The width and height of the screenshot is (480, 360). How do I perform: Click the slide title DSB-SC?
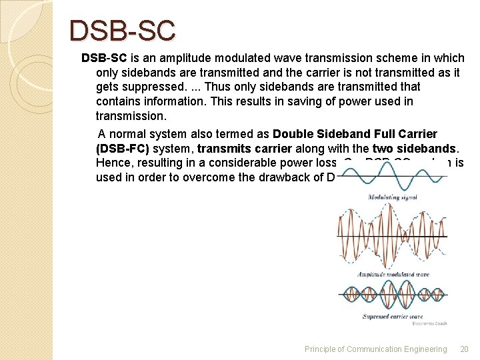[123, 30]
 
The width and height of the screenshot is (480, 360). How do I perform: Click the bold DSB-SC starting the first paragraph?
[99, 58]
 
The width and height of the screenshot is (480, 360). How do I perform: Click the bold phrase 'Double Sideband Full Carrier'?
[355, 133]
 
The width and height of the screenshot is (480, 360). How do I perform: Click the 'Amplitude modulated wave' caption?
[393, 274]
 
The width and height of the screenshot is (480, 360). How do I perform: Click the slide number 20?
[464, 349]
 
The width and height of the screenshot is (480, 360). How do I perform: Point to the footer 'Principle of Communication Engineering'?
[375, 349]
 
